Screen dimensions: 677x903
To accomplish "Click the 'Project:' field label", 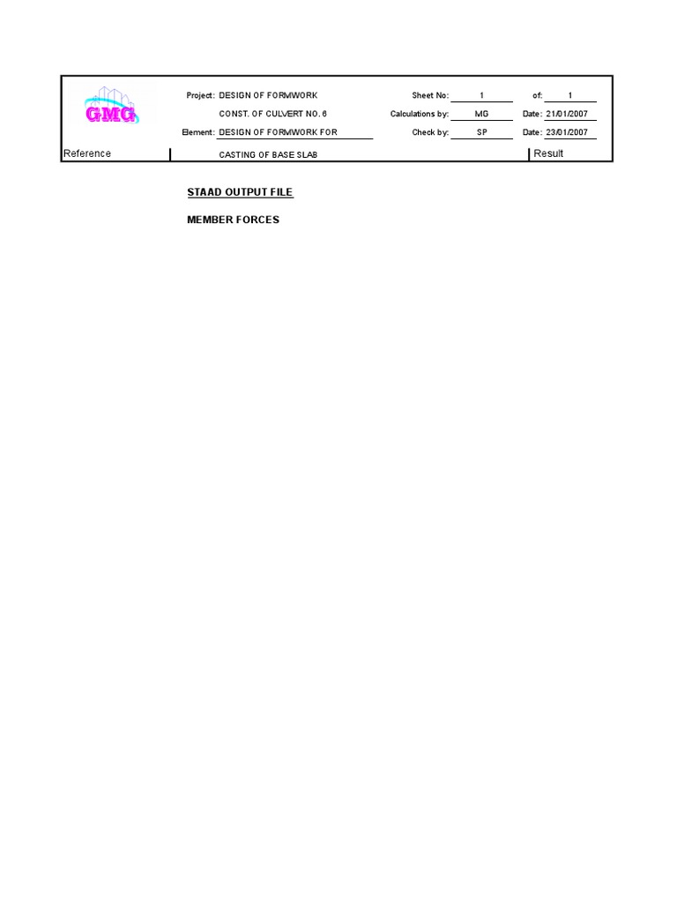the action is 200,95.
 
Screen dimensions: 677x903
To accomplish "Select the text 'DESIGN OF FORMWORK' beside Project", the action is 268,95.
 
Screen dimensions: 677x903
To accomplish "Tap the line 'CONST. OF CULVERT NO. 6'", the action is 272,114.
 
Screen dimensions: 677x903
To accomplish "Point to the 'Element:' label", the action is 197,132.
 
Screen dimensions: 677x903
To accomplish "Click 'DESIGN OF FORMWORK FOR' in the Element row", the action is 278,132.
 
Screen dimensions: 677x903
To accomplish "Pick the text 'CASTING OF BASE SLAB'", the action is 268,154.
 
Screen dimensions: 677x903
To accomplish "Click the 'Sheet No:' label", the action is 430,95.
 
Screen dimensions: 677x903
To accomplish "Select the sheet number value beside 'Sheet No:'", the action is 481,95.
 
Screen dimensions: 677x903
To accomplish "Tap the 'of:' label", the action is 537,95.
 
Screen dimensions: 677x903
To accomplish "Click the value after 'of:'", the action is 570,95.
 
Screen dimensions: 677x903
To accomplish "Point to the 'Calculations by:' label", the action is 420,114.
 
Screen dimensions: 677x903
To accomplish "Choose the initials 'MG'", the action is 481,114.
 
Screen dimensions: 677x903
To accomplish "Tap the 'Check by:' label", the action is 430,132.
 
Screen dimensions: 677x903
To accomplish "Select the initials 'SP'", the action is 481,132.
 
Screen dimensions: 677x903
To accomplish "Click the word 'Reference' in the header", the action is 87,153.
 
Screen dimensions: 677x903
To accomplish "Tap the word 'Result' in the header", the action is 548,153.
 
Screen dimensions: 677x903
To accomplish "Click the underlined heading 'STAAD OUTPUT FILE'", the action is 240,192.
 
